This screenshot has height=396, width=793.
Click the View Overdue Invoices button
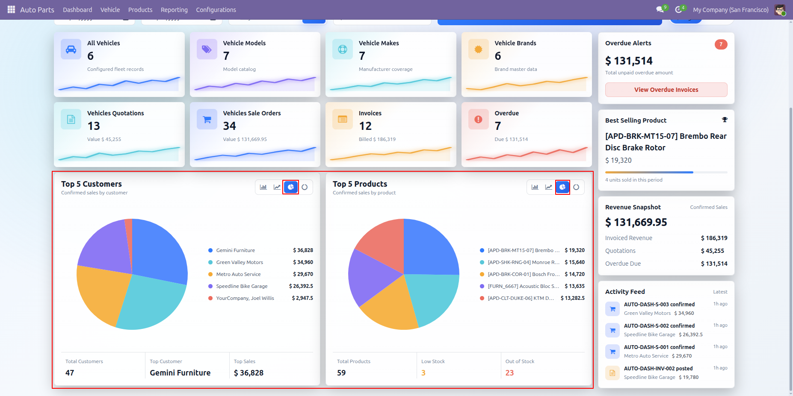[x=666, y=90]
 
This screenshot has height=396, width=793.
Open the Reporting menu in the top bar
[x=174, y=10]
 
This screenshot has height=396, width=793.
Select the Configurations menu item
[x=216, y=10]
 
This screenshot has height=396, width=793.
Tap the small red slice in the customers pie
[x=129, y=233]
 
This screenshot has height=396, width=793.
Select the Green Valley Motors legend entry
[x=240, y=262]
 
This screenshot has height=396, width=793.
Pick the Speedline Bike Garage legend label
[x=242, y=286]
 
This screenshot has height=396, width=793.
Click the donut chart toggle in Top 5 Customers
[x=305, y=187]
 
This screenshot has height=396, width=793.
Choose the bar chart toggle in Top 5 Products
[x=535, y=187]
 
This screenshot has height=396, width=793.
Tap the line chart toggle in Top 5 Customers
[x=277, y=187]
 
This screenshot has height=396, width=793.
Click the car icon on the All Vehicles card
[x=71, y=49]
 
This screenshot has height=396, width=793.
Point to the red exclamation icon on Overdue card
[x=479, y=119]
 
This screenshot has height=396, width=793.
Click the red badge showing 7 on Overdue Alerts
[x=721, y=44]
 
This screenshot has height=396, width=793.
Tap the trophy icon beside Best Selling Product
[x=725, y=120]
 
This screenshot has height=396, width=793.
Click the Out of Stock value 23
[x=509, y=373]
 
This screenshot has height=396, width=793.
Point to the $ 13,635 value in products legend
[x=574, y=286]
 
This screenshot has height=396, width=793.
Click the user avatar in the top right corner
[x=780, y=10]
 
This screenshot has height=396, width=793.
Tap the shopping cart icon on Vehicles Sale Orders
[x=207, y=119]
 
